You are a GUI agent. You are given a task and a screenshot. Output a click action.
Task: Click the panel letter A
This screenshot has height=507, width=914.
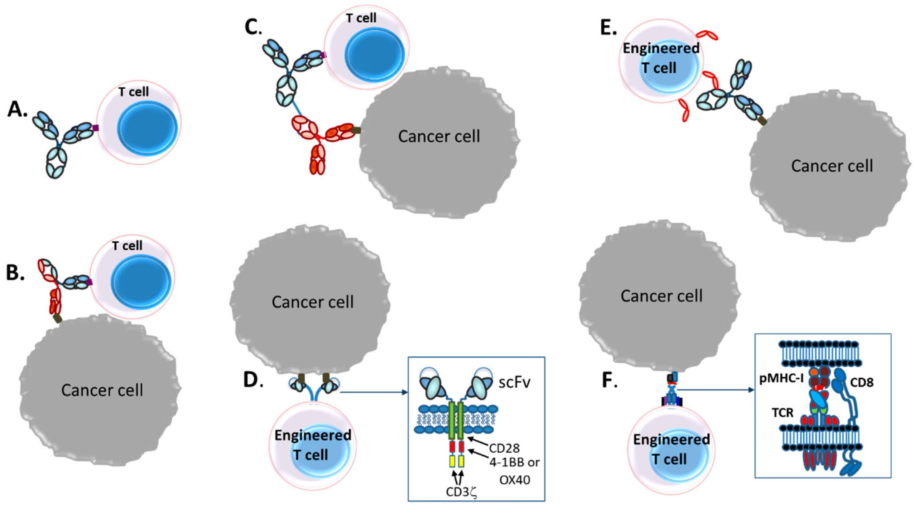(17, 109)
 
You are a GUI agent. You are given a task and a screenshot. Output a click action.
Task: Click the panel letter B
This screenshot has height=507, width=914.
(15, 272)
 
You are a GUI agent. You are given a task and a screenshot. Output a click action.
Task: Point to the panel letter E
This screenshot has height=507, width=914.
(608, 28)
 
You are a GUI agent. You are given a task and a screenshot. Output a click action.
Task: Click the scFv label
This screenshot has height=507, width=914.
(515, 383)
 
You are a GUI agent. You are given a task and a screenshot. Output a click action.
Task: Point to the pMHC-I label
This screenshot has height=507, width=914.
(780, 379)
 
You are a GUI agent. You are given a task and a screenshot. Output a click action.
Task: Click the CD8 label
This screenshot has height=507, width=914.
(862, 382)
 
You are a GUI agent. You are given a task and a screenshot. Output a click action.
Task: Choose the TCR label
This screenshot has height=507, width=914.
(782, 413)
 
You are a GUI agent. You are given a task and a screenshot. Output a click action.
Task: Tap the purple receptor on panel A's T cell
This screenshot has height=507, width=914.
(95, 127)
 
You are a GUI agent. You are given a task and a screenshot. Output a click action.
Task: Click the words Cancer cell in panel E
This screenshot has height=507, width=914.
(832, 166)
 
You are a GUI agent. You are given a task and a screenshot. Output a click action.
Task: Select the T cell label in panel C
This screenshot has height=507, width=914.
(361, 18)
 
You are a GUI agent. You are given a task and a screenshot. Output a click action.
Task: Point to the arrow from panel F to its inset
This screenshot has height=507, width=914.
(713, 390)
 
